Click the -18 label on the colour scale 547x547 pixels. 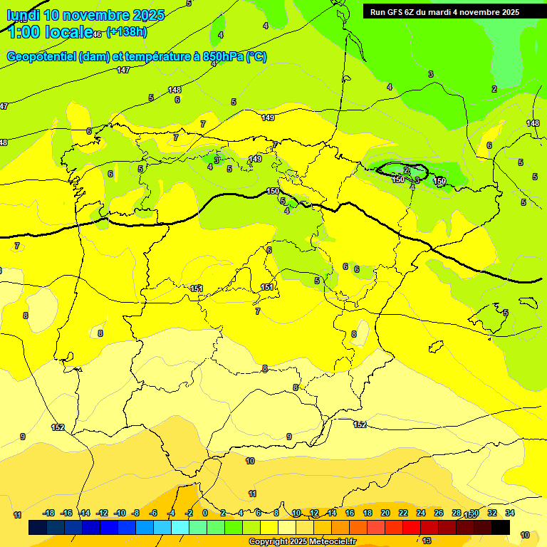(49, 513)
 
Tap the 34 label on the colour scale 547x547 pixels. (510, 513)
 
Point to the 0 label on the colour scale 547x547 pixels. (205, 513)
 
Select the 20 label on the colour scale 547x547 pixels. (385, 513)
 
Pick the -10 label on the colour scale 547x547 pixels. (120, 513)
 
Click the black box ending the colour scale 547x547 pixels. (501, 528)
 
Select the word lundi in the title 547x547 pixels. (23, 15)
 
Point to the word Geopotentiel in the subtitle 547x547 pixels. (41, 57)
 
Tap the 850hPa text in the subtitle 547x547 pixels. (226, 57)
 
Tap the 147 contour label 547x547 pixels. (123, 70)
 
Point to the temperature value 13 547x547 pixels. (427, 541)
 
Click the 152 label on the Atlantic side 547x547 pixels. (58, 427)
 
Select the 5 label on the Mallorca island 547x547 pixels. (505, 313)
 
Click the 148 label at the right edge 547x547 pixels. (533, 123)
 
